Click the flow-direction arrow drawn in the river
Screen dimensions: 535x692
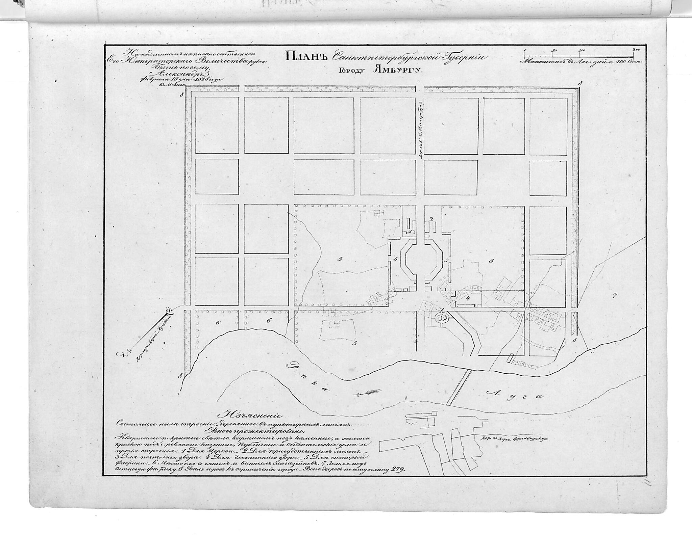pos(368,393)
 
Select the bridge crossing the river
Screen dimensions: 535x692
pos(459,387)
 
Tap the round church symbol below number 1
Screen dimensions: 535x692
pos(441,317)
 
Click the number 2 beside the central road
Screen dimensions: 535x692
pos(431,219)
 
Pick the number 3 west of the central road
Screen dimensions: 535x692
pos(409,232)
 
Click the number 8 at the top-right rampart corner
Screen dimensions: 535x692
pos(579,83)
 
